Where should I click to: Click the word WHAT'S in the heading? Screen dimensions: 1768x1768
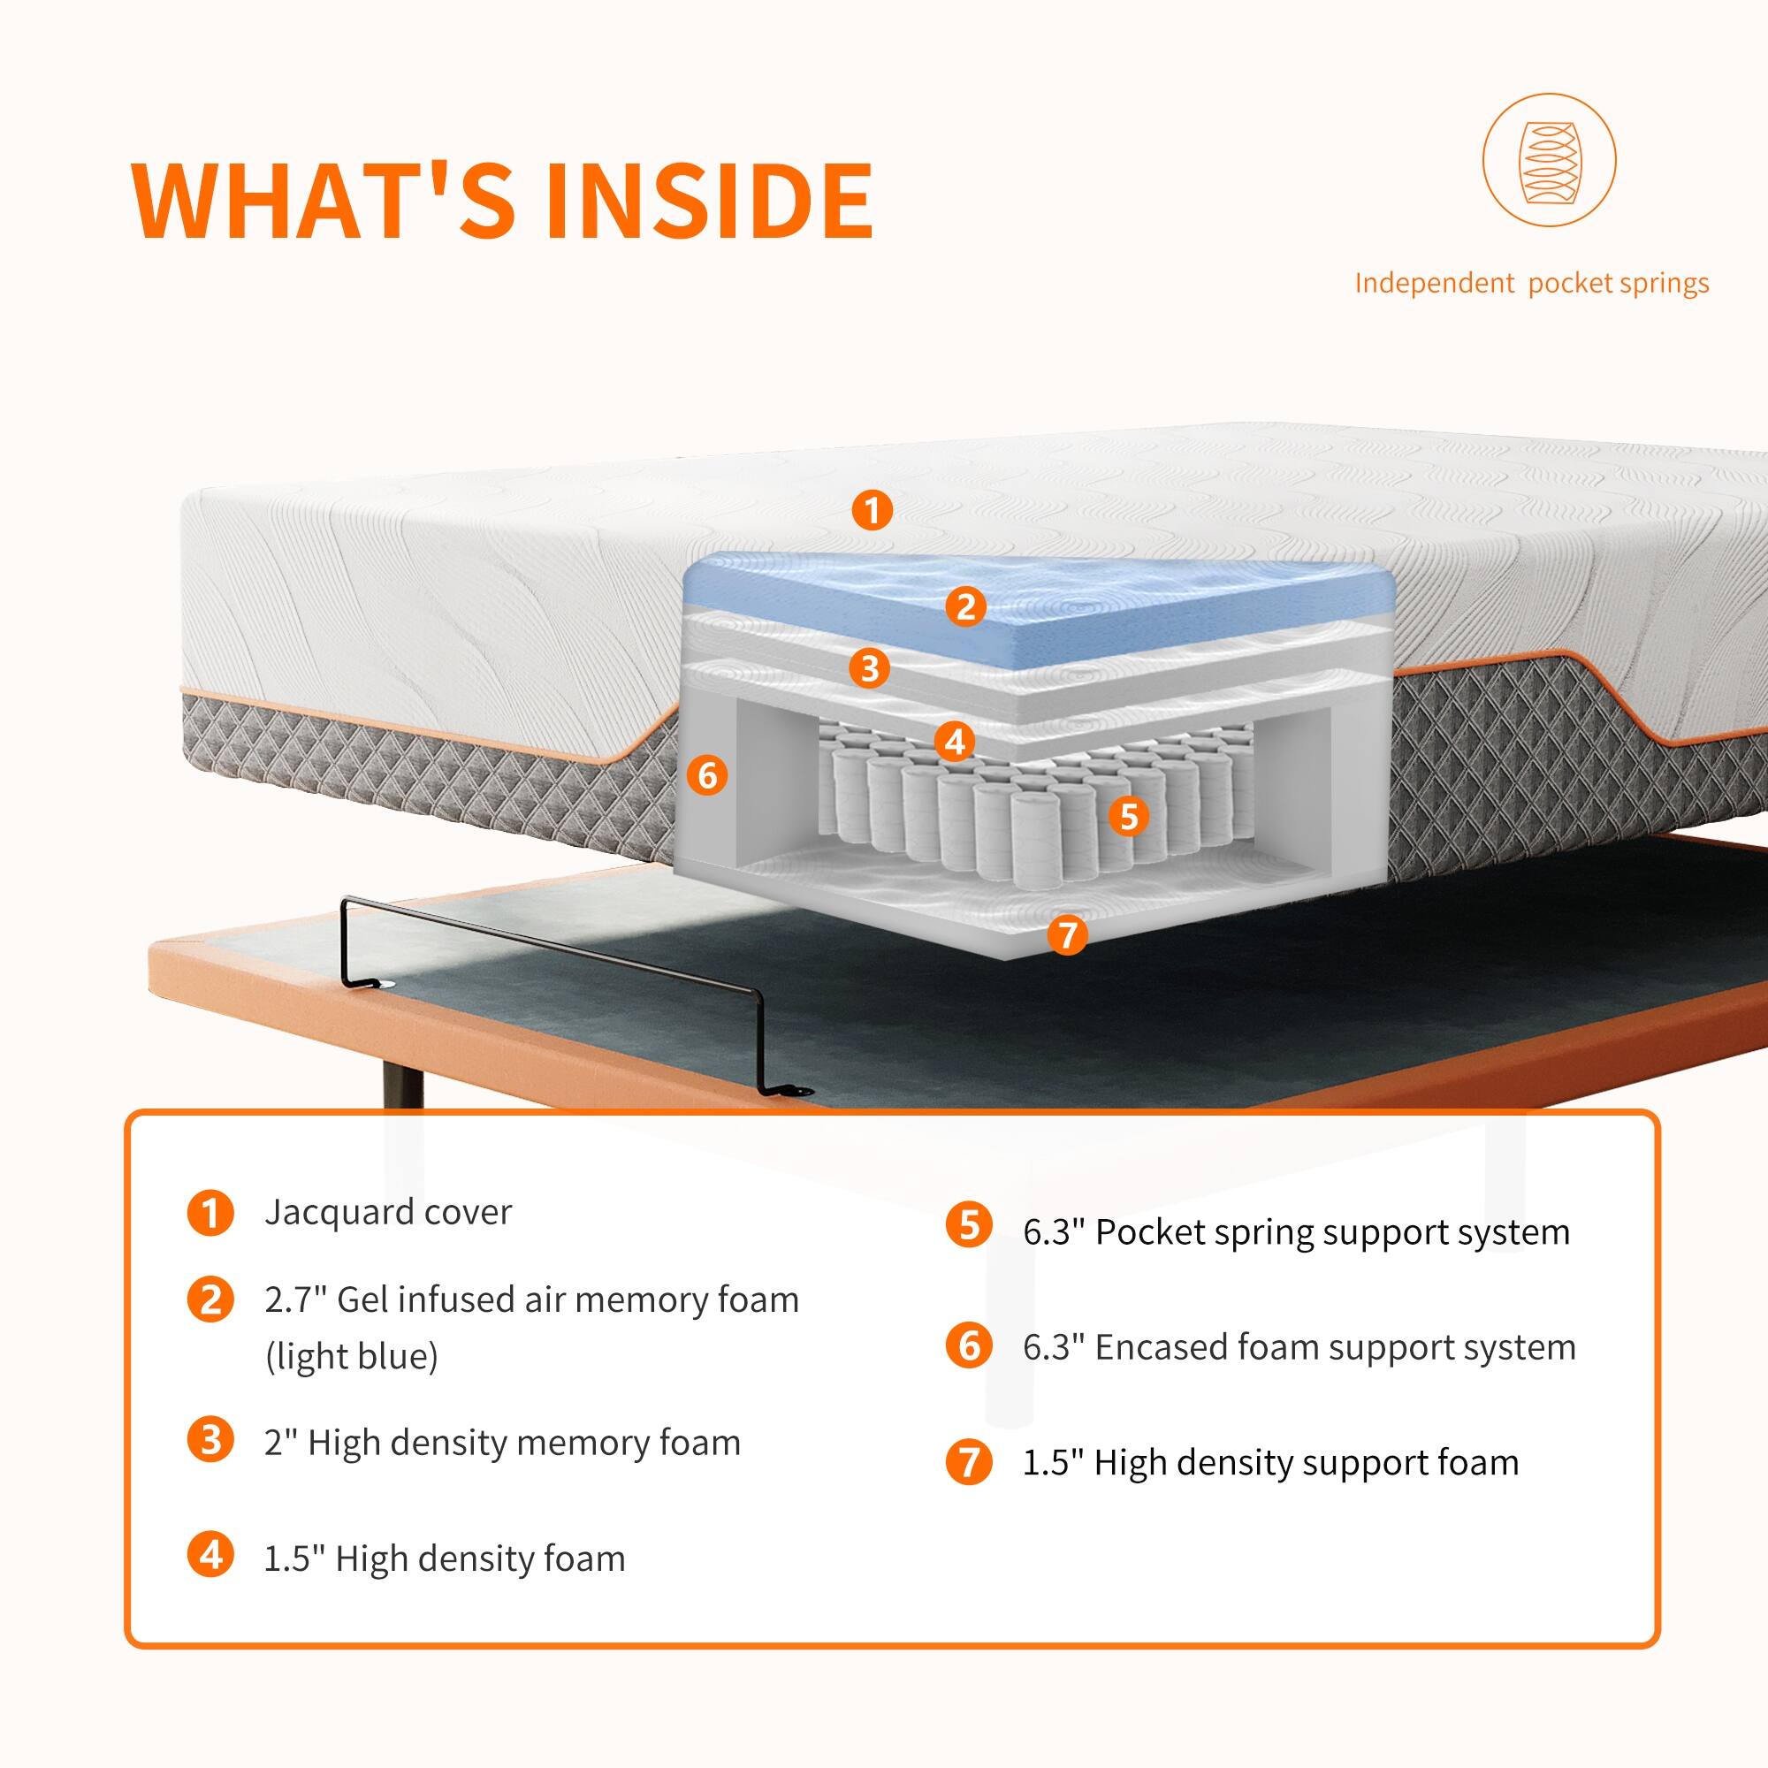pos(323,201)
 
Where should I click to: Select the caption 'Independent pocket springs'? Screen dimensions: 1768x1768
pos(1531,284)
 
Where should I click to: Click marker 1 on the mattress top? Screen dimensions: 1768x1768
pos(872,510)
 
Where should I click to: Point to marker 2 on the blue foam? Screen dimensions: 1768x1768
pos(965,606)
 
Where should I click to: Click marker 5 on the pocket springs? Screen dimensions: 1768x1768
pos(1128,815)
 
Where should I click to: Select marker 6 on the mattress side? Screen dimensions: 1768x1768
pos(707,775)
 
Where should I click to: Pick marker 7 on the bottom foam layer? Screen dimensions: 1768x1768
pos(1067,934)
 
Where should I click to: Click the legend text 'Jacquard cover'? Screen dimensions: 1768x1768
pos(388,1212)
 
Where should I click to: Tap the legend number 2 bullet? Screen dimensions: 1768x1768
pos(210,1299)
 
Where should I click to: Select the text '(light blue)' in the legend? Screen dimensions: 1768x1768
pos(352,1356)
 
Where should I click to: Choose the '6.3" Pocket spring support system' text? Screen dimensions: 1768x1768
pos(1296,1231)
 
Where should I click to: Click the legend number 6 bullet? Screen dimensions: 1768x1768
pos(968,1346)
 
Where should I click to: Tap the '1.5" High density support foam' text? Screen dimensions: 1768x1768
pos(1270,1462)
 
